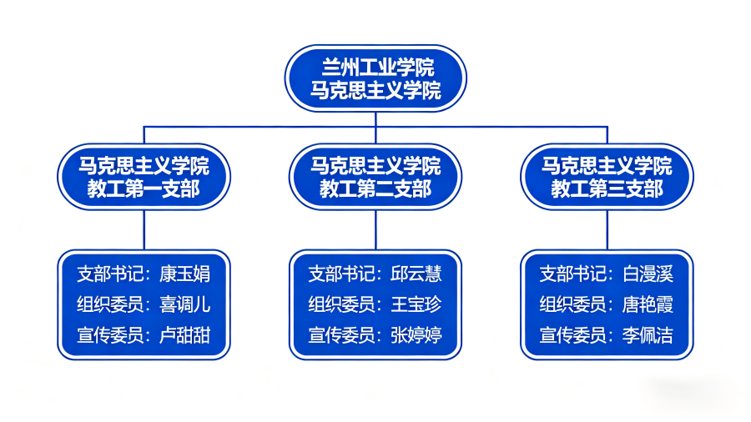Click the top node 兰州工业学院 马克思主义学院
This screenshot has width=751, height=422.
375,78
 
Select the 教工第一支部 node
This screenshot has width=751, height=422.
144,177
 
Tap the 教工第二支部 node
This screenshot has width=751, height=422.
375,177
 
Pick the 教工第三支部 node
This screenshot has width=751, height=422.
607,177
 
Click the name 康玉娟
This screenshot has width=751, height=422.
185,274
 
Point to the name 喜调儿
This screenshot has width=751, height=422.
185,304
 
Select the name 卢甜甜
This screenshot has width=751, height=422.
185,335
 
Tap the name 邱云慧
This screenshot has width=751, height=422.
416,274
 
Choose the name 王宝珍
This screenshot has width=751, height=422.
416,304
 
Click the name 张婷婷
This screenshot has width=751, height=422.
416,335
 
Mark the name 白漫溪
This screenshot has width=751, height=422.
648,274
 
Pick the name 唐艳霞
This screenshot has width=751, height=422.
648,304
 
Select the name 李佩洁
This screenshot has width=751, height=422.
648,335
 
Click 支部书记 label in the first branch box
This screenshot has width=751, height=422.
110,274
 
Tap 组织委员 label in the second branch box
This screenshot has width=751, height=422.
341,304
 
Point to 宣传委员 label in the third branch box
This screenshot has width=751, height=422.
573,335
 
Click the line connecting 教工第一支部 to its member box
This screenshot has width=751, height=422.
144,230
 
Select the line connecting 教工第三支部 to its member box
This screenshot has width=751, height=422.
607,230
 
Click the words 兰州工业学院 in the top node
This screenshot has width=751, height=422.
378,67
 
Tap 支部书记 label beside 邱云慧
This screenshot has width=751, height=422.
341,274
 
